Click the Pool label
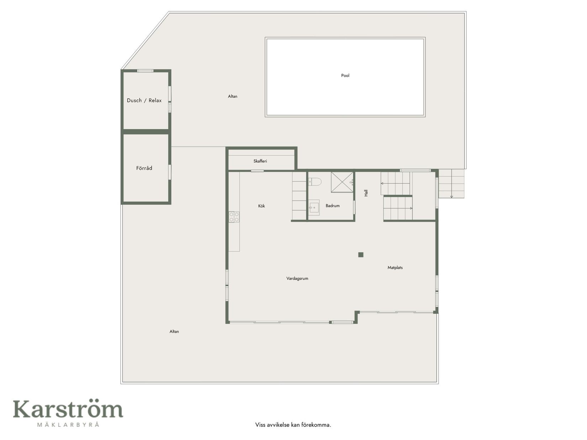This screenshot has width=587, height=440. tap(345, 75)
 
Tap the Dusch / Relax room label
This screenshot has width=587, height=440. tap(144, 101)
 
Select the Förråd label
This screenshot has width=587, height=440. tap(144, 168)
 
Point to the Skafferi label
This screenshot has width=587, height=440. tap(260, 161)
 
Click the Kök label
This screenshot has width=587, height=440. tap(261, 206)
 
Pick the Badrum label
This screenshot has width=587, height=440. tap(332, 205)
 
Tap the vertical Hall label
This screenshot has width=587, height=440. tap(366, 193)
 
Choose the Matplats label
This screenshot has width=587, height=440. tap(395, 267)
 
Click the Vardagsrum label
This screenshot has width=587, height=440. tap(297, 278)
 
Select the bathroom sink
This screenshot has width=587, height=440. tap(314, 207)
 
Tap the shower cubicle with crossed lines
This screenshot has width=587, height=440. tap(342, 182)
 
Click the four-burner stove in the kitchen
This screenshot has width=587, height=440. tap(234, 217)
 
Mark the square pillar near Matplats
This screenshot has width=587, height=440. tap(361, 254)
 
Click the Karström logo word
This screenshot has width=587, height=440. tap(68, 409)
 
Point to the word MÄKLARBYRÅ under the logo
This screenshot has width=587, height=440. tap(68, 424)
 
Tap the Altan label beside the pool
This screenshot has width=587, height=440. tap(232, 96)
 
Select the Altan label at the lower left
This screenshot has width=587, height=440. tap(174, 331)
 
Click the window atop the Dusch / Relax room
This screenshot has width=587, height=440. tap(145, 71)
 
